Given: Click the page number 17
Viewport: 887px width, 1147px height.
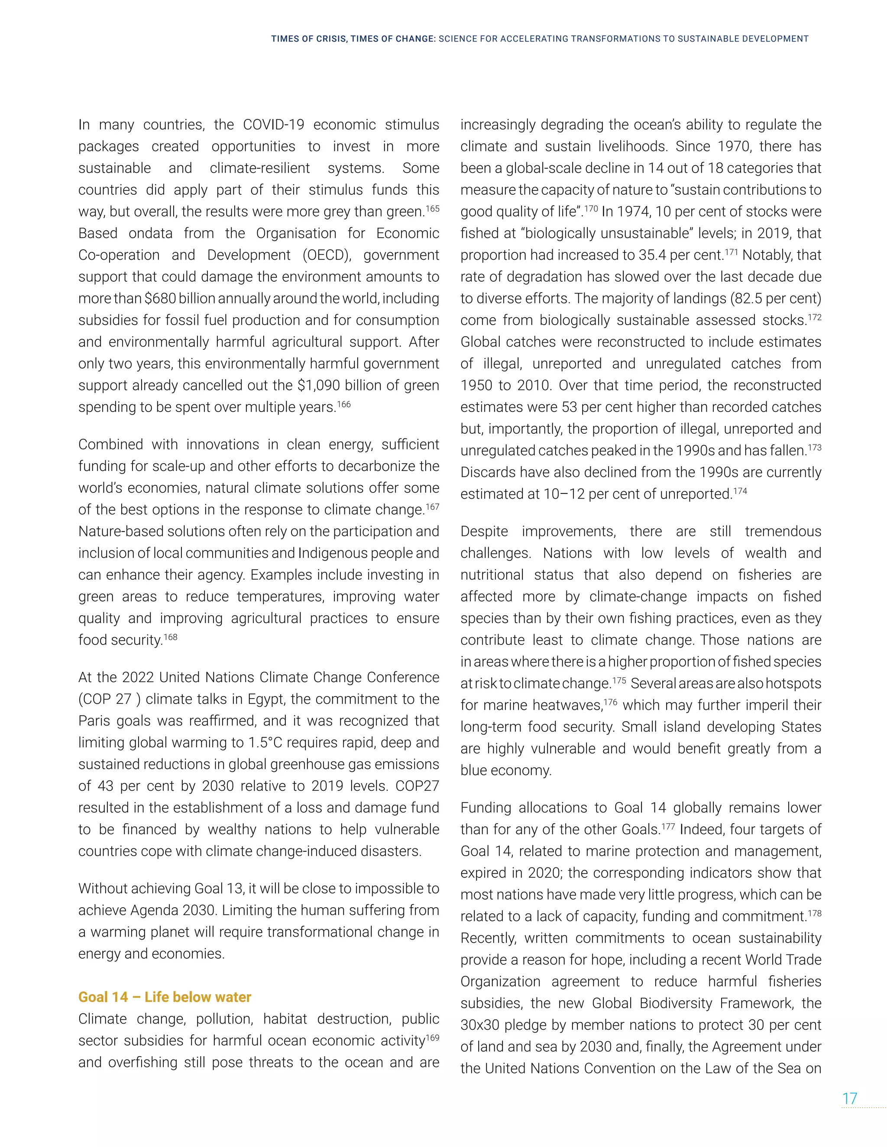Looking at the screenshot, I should [x=850, y=1099].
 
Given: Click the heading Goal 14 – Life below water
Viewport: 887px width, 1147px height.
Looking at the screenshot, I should [x=165, y=997].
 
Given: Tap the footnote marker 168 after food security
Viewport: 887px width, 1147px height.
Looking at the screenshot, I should [x=171, y=637].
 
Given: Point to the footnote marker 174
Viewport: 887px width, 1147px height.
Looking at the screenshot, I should [x=740, y=491].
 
